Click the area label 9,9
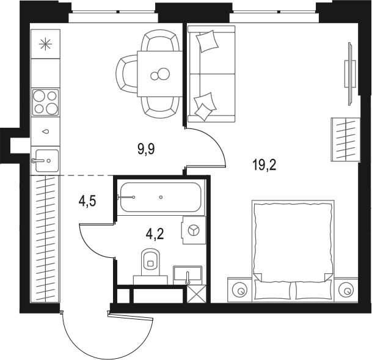[x=145, y=149]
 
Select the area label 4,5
[x=87, y=200]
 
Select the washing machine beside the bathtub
[x=194, y=230]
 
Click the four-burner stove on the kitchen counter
[x=45, y=102]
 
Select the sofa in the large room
[x=211, y=74]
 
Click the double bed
[x=293, y=249]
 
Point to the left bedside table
[x=239, y=290]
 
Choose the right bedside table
[x=347, y=290]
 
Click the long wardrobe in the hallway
[x=45, y=238]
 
